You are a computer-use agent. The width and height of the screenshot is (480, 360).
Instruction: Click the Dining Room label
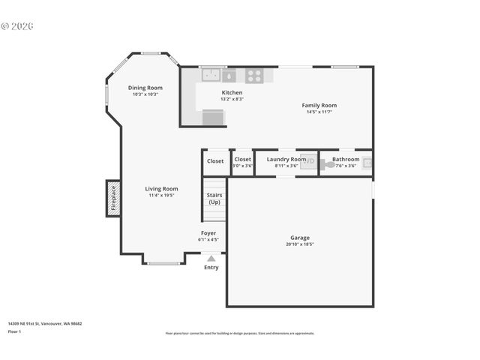[x=145, y=88]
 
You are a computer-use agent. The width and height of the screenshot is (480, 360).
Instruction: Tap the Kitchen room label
[x=232, y=92]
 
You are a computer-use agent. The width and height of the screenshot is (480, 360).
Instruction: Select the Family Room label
[x=319, y=106]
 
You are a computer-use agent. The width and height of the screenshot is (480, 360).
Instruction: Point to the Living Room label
[x=161, y=189]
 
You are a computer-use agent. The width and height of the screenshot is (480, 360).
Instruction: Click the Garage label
[x=299, y=238]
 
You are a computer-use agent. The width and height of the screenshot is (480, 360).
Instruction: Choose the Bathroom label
[x=346, y=159]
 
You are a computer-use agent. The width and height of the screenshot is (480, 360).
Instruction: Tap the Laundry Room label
[x=286, y=159]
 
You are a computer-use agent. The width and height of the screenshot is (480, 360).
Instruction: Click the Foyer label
[x=208, y=233]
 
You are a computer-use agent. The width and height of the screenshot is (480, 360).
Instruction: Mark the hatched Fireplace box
[x=113, y=199]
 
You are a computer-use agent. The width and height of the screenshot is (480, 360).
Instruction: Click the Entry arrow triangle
[x=211, y=258]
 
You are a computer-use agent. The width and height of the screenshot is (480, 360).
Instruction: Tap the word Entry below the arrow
[x=211, y=267]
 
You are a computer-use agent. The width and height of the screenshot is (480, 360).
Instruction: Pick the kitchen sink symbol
[x=211, y=75]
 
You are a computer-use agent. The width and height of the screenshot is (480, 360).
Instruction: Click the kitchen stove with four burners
[x=254, y=75]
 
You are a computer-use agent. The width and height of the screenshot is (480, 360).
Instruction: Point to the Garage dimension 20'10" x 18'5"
[x=299, y=244]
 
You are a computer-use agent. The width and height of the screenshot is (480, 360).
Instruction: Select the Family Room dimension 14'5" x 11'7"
[x=319, y=112]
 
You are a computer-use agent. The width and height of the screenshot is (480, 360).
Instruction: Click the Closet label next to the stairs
[x=215, y=161]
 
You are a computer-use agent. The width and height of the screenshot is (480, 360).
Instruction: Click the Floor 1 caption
[x=15, y=331]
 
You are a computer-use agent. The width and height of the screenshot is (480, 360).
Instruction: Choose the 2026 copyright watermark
[x=18, y=26]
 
